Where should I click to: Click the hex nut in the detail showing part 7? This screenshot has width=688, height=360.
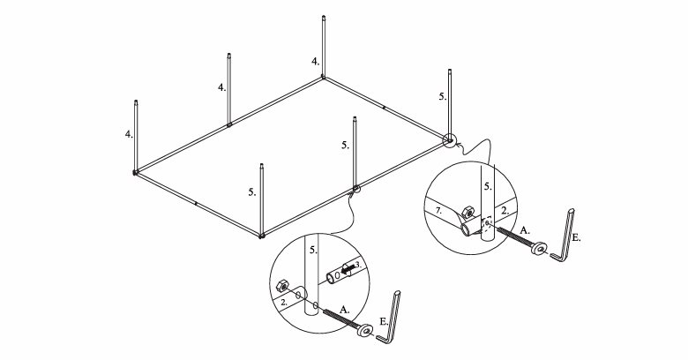[x=468, y=212]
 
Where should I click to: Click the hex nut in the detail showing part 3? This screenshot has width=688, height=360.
[x=281, y=286]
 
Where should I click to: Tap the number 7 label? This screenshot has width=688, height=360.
[x=439, y=212]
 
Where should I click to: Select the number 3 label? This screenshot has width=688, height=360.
[x=358, y=265]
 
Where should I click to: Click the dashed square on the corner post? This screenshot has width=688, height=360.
[x=487, y=222]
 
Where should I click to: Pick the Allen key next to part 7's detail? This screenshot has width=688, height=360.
[x=564, y=236]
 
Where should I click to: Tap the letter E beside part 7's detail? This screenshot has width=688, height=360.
[x=577, y=238]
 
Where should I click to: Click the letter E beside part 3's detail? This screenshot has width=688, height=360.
[x=384, y=322]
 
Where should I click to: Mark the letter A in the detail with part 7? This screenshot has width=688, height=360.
[x=524, y=230]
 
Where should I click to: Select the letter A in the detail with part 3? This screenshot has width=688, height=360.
[x=345, y=310]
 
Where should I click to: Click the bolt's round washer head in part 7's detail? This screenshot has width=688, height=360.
[x=538, y=248]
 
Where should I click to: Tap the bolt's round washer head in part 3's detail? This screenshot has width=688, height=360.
[x=364, y=330]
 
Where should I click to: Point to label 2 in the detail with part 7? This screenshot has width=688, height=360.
[x=505, y=210]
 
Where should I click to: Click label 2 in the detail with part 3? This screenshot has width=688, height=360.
[x=284, y=302]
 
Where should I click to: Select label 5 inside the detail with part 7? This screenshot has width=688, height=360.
[x=488, y=186]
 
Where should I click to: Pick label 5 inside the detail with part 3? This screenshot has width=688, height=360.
[x=313, y=251]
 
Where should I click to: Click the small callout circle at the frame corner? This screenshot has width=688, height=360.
[x=449, y=140]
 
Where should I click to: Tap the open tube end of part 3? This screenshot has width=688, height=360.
[x=331, y=278]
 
